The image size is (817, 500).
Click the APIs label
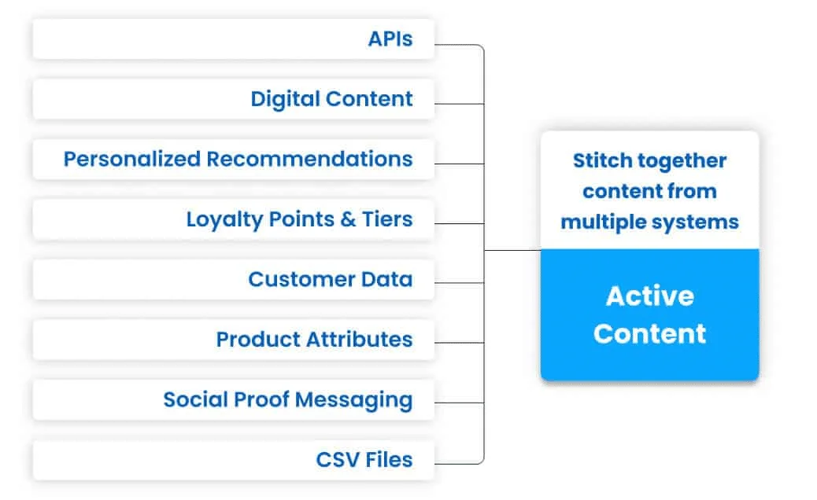(x=390, y=39)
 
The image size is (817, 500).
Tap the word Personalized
(x=131, y=160)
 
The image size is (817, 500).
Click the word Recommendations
(x=309, y=160)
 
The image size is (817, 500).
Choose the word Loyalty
(x=224, y=220)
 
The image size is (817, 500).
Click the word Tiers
(x=387, y=219)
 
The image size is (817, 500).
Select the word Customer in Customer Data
(x=301, y=279)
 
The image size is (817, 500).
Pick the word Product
(x=258, y=340)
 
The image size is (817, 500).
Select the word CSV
(x=338, y=460)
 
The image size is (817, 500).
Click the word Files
(x=389, y=460)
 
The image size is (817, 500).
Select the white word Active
(x=650, y=296)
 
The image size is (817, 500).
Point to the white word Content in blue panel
(x=649, y=333)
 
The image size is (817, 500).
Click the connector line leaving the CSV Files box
(x=459, y=462)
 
